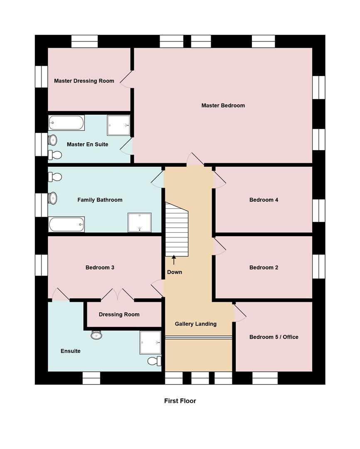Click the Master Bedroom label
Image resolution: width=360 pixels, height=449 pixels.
(223, 106)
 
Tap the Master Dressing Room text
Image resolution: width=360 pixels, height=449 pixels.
(84, 81)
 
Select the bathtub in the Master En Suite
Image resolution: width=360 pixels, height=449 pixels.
(67, 123)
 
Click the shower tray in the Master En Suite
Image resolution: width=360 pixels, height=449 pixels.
(118, 125)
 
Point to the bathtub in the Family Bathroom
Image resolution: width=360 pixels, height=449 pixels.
(67, 224)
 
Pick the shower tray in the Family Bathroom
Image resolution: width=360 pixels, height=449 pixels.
(139, 222)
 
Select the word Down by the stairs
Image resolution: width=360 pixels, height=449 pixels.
(175, 272)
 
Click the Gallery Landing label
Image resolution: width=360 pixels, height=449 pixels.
(195, 324)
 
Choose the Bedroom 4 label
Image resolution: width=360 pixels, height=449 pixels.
(264, 200)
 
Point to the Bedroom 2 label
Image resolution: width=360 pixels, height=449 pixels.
(264, 268)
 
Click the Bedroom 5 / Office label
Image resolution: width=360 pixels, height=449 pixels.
(274, 337)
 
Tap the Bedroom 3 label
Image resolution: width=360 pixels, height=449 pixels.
(100, 268)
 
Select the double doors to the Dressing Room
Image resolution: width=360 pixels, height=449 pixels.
(118, 295)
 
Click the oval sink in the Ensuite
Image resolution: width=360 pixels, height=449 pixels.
(96, 335)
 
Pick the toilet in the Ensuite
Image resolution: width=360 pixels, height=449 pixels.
(154, 360)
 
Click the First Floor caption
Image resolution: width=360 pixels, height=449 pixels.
(180, 401)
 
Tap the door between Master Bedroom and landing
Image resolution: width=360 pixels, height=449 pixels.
(195, 160)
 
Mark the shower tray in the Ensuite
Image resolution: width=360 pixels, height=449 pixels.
(150, 342)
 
